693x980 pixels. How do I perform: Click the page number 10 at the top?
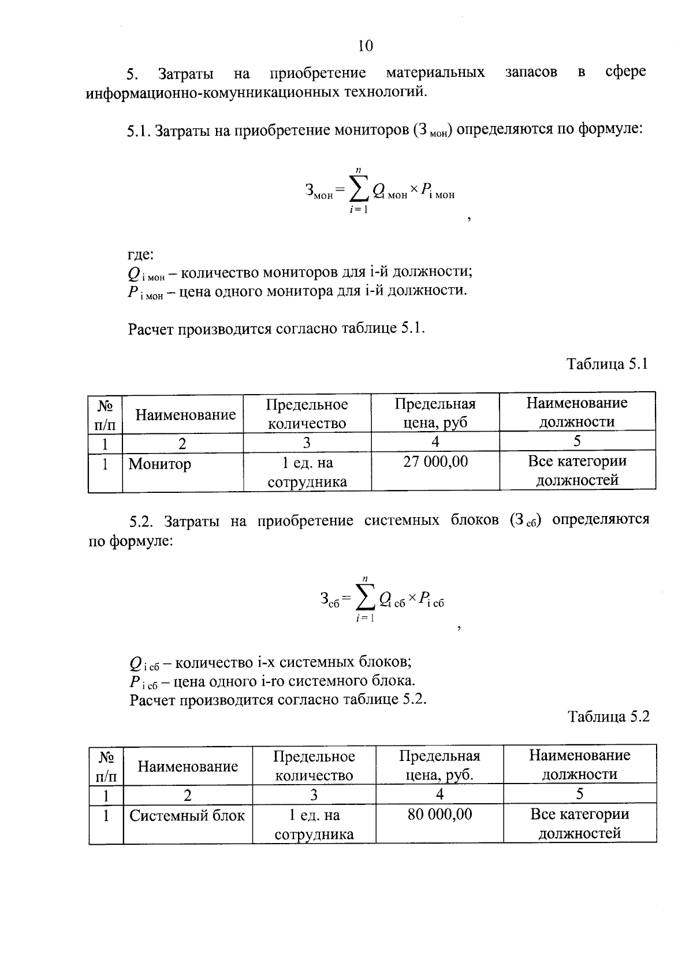pos(366,46)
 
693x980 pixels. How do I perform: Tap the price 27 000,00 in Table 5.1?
pos(435,462)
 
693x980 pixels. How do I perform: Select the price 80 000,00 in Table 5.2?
pos(439,814)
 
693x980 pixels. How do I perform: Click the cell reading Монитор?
pos(159,464)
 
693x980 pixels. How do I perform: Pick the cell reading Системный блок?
pos(187,815)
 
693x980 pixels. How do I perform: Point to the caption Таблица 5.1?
pos(607,364)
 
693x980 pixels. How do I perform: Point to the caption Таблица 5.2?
pos(609,717)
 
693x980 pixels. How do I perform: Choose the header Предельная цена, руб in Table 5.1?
pos(435,413)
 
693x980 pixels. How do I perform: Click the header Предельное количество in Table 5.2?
pos(314,765)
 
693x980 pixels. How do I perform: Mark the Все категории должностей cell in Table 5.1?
pos(577,471)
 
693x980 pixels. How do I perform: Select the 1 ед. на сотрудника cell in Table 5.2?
pos(314,825)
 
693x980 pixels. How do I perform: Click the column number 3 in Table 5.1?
pos(307,443)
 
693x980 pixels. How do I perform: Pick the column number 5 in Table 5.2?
pos(579,794)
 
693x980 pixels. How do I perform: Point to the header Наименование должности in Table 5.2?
pos(579,764)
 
